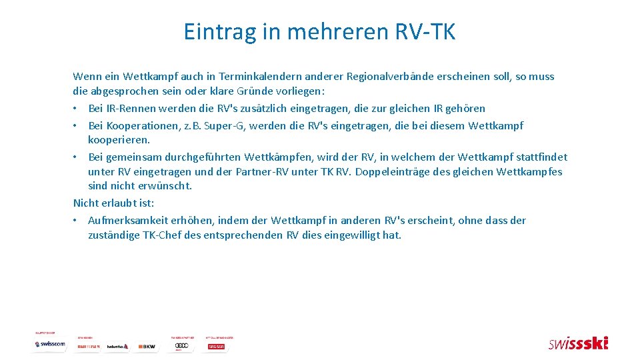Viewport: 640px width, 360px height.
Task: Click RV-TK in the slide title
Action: [x=427, y=31]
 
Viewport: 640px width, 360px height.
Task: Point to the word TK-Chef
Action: [x=164, y=235]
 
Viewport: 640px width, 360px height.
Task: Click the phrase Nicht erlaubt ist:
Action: [x=113, y=203]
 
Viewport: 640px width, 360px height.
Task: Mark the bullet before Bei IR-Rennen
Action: [x=77, y=108]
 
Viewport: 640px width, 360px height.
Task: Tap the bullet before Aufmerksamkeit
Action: [x=77, y=221]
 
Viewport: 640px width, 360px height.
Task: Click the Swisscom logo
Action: [x=50, y=345]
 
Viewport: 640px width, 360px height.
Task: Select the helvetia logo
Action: [x=117, y=347]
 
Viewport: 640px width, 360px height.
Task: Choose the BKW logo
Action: [x=146, y=347]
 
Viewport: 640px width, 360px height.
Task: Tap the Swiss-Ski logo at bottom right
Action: [x=578, y=343]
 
